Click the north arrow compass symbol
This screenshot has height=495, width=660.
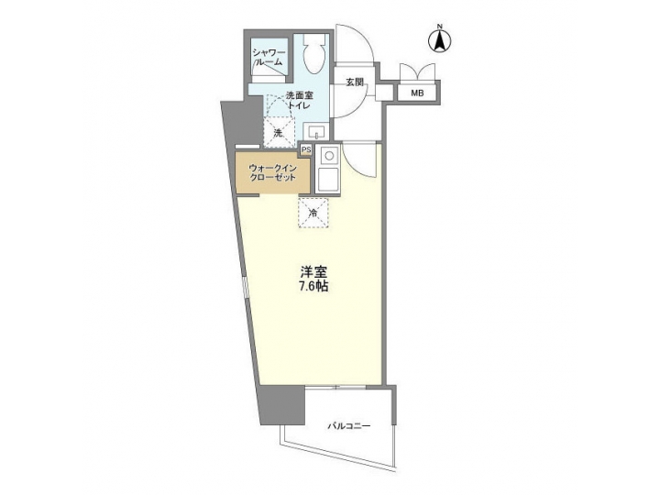pyautogui.click(x=439, y=40)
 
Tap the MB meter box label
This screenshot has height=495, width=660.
pyautogui.click(x=417, y=93)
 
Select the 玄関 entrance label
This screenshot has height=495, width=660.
pyautogui.click(x=356, y=82)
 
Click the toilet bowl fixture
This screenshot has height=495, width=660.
pyautogui.click(x=311, y=56)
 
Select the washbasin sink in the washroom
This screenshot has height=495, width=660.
pyautogui.click(x=314, y=130)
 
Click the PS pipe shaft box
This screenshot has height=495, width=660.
pyautogui.click(x=306, y=149)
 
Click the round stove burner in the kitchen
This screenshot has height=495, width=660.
pyautogui.click(x=328, y=156)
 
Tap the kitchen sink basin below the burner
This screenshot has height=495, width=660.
pyautogui.click(x=328, y=180)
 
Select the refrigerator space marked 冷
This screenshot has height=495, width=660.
pyautogui.click(x=312, y=213)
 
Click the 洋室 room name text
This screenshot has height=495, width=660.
pyautogui.click(x=313, y=271)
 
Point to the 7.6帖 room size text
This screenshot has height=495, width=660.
pyautogui.click(x=313, y=287)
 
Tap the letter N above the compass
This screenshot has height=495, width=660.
pyautogui.click(x=439, y=25)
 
